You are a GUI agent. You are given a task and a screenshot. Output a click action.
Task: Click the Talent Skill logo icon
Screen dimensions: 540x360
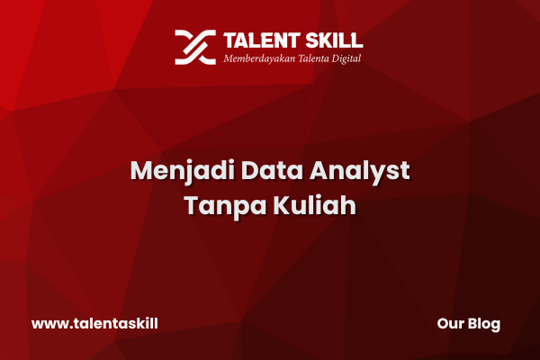pos(195,47)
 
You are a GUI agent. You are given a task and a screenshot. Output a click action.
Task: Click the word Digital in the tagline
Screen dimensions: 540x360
pos(346,58)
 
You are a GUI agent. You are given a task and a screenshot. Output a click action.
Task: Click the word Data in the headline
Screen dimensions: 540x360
pos(272,170)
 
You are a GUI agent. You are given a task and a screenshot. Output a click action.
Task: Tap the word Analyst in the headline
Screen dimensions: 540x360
pos(359,171)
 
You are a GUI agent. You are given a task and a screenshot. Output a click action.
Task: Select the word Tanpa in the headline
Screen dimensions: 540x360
pos(226,206)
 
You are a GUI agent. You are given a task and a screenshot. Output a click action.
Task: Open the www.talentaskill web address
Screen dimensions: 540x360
pos(94,323)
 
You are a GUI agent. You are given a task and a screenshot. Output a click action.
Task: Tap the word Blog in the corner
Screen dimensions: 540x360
pos(484,324)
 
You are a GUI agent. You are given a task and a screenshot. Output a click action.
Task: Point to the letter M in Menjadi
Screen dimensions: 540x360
pos(142,170)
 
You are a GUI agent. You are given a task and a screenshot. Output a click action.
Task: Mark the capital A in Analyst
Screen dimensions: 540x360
pos(319,170)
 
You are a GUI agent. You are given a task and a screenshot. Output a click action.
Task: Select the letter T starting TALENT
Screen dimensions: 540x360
pos(230,40)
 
